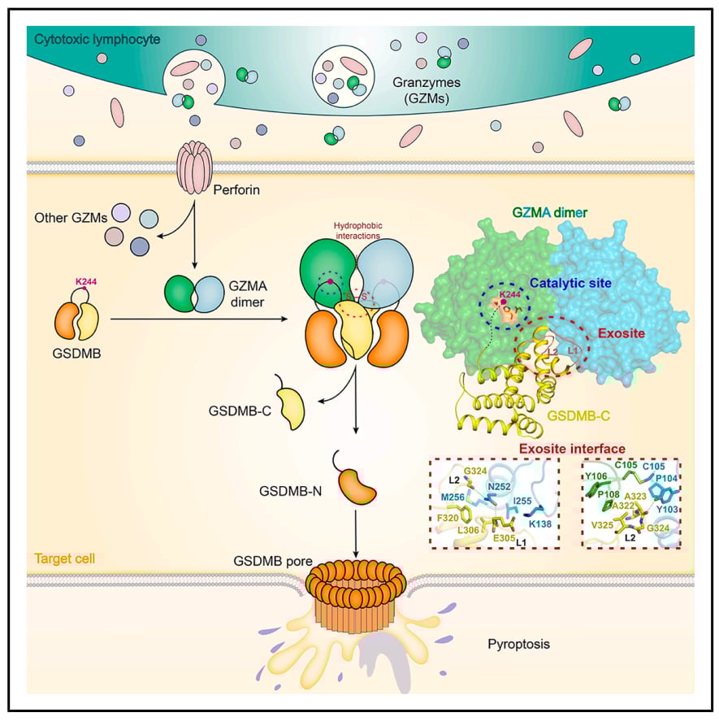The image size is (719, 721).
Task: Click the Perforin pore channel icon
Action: (x=195, y=166)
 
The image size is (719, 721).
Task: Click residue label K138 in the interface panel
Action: (x=539, y=523)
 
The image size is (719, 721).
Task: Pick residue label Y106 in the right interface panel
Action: (x=597, y=476)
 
